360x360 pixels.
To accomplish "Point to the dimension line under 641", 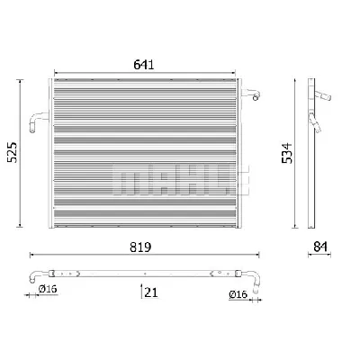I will coord(149,73).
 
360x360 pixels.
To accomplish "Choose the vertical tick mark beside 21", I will coord(140,290).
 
